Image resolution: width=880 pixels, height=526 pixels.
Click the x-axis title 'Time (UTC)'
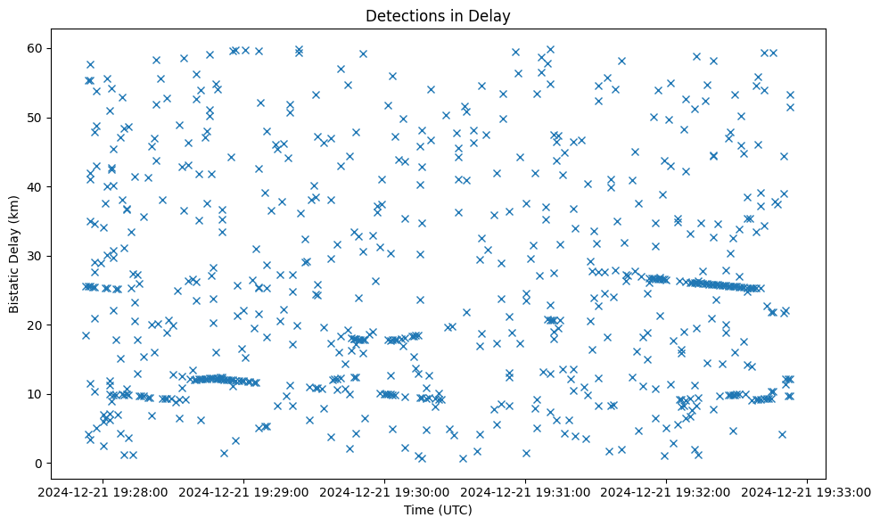(x=437, y=510)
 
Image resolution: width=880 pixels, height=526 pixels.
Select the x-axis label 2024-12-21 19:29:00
(x=244, y=492)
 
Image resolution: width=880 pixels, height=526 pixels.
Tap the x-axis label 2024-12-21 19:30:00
(x=385, y=492)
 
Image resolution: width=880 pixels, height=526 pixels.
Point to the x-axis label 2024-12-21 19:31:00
(x=526, y=492)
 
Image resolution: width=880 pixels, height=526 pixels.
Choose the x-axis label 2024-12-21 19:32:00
(x=667, y=492)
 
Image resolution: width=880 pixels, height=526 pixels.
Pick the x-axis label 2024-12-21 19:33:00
(x=808, y=492)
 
